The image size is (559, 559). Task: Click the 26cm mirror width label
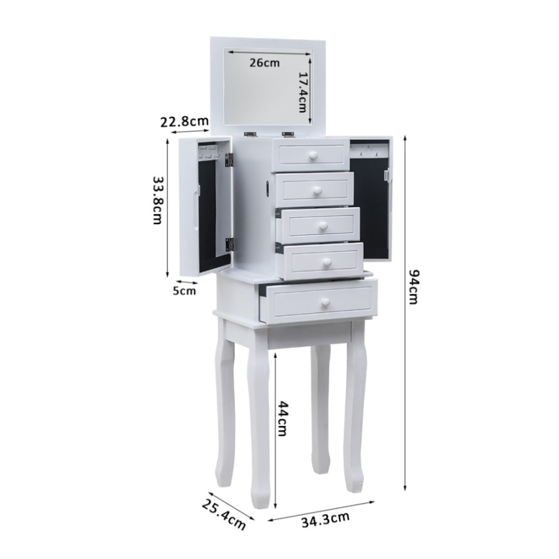(264, 63)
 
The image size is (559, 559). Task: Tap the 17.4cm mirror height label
(303, 92)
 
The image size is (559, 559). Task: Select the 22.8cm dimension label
(184, 122)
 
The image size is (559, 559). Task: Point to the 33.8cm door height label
(158, 200)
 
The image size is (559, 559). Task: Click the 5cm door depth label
(184, 291)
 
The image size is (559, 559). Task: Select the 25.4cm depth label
(224, 515)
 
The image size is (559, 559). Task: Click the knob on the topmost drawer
(313, 155)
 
